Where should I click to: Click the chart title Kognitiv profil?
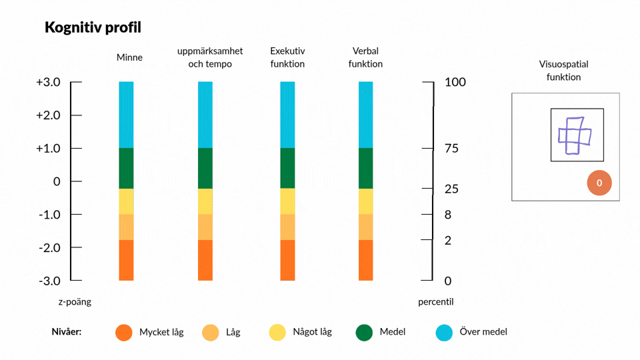(x=93, y=28)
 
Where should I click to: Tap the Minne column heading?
(x=129, y=57)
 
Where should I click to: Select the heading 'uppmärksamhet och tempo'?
(x=210, y=57)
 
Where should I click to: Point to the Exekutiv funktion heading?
(x=287, y=57)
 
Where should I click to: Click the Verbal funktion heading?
(x=365, y=57)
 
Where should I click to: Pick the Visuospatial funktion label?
(x=564, y=71)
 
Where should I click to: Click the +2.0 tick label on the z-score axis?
(x=48, y=115)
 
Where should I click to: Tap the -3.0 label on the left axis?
(x=49, y=281)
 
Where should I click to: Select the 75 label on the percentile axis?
(x=451, y=148)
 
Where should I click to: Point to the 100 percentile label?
(x=455, y=82)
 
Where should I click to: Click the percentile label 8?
(x=448, y=215)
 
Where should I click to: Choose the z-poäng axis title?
(x=75, y=302)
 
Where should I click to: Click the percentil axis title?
(x=435, y=302)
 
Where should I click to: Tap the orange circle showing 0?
(x=599, y=183)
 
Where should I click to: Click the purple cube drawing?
(x=575, y=136)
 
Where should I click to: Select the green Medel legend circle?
(x=364, y=332)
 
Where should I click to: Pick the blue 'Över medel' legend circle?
(x=444, y=332)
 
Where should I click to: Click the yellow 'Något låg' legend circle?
(x=277, y=332)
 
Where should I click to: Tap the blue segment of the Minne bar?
(x=126, y=115)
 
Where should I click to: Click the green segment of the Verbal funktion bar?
(x=366, y=168)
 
